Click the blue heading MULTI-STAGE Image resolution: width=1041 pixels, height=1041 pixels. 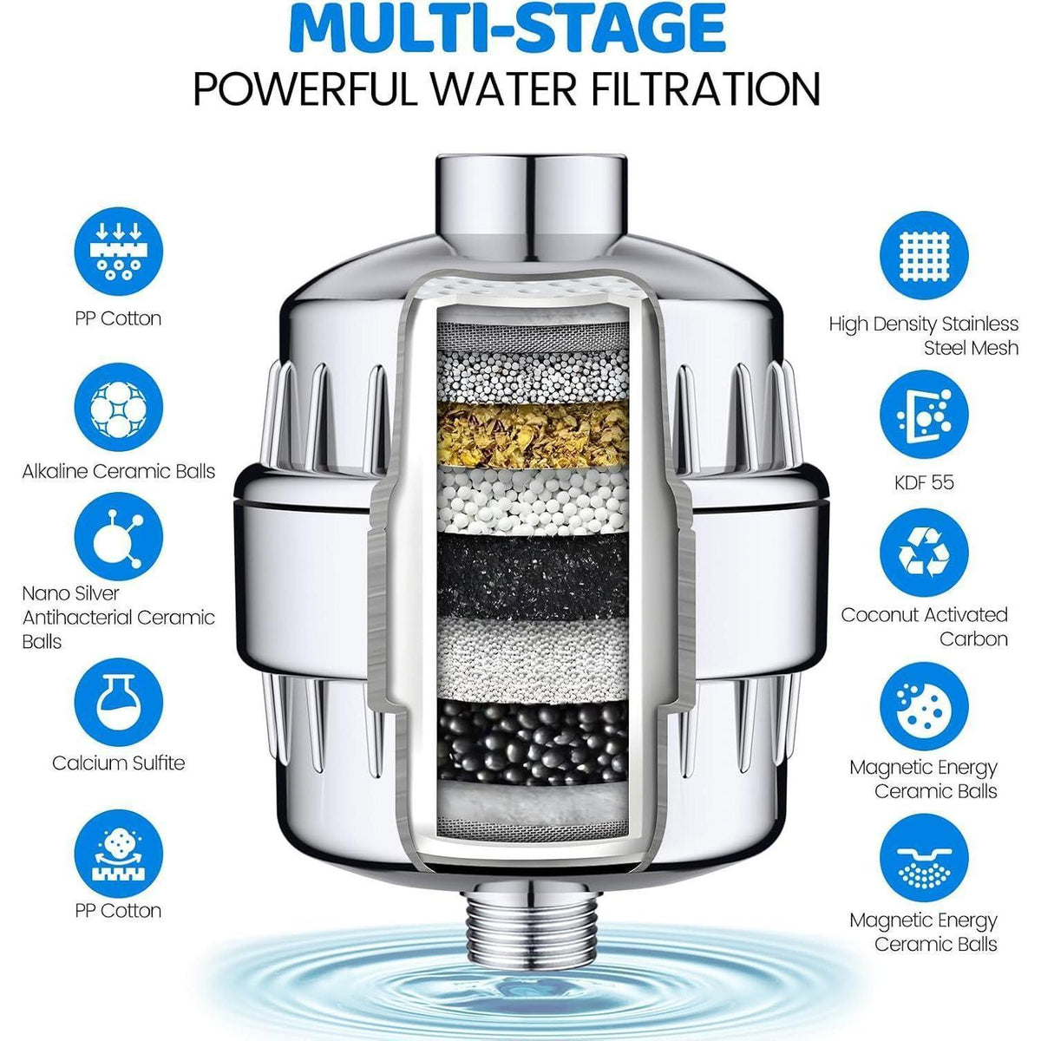[x=507, y=28]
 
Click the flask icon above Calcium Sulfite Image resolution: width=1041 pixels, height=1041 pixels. [x=118, y=703]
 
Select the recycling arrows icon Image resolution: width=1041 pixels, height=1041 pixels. [x=924, y=553]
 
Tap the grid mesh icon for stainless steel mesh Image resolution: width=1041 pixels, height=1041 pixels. [x=924, y=256]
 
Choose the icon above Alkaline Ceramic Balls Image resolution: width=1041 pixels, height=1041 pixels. [x=118, y=407]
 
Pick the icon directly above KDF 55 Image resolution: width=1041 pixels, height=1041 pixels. [x=924, y=415]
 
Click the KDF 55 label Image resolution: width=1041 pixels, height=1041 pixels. [x=924, y=481]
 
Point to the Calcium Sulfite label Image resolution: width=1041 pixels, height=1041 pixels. [x=118, y=763]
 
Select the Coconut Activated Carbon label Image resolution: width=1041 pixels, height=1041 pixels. [x=924, y=626]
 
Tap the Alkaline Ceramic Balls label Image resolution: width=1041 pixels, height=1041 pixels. [x=118, y=471]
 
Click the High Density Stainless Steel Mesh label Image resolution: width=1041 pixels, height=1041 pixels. [x=924, y=336]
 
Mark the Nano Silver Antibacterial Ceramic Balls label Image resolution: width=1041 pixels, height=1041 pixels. [x=118, y=617]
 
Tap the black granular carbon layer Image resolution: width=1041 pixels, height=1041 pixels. [x=533, y=576]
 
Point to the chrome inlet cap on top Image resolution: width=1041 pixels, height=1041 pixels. [x=532, y=206]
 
